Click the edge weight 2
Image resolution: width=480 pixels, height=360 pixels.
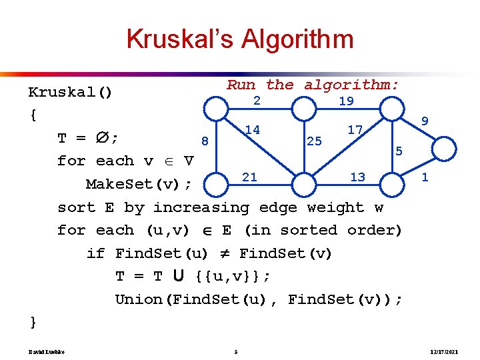coord(256,100)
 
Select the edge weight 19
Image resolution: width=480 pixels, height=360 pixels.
coord(346,101)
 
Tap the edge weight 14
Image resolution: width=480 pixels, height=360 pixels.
coord(252,129)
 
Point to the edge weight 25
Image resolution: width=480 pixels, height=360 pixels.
coord(314,141)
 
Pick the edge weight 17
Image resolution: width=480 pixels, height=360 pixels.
coord(355,129)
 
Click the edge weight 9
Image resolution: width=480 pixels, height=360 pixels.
coord(425,121)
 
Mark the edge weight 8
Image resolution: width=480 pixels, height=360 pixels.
coord(205,141)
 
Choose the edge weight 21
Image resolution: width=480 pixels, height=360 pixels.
coord(249,177)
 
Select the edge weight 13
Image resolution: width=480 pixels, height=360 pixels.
coord(357,177)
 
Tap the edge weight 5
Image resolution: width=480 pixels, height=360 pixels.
coord(399,151)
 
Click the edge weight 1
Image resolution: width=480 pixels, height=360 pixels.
coord(425,177)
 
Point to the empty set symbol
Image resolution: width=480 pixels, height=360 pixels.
coord(102,138)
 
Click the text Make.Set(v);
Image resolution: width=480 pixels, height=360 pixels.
coord(139,184)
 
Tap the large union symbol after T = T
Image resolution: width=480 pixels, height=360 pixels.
coord(179,275)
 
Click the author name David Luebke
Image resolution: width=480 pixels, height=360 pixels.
coord(45,351)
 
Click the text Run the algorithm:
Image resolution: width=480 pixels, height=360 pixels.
coord(313,85)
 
